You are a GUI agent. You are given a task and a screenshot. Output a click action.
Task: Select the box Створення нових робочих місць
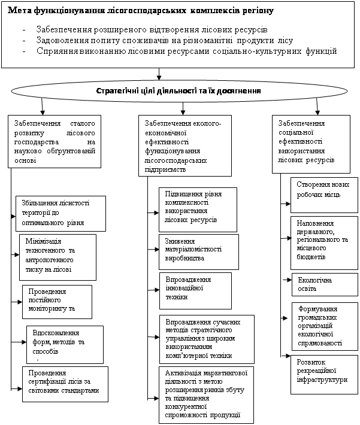pos(324,195)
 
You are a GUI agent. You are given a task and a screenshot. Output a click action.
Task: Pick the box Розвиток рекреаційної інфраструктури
pos(324,374)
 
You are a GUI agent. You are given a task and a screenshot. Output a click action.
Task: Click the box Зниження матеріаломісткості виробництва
pos(198,252)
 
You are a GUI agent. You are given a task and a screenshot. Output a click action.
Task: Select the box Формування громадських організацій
pos(324,326)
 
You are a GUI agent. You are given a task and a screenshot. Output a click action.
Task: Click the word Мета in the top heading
pos(22,11)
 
